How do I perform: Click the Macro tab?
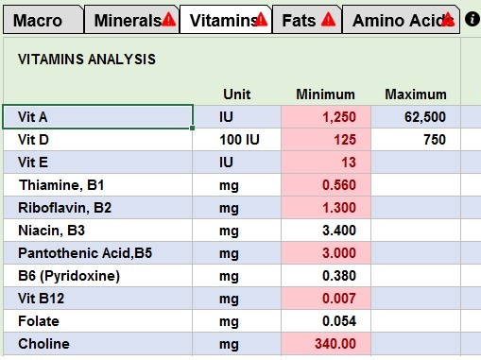(x=39, y=19)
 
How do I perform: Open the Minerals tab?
(x=128, y=19)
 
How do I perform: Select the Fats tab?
(x=300, y=19)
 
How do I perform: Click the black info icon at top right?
(x=472, y=19)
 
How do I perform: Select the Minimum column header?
(x=325, y=94)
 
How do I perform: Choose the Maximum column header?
(x=415, y=94)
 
